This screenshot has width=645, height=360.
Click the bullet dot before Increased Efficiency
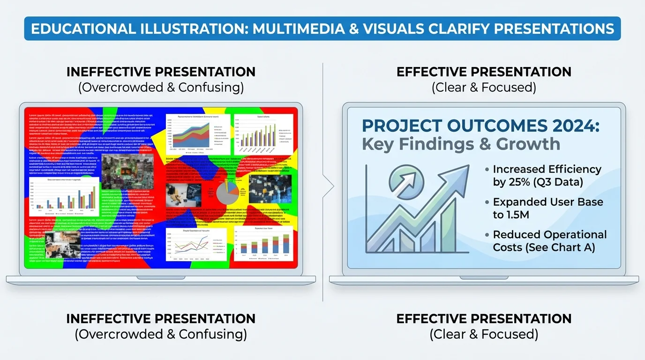(x=488, y=170)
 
